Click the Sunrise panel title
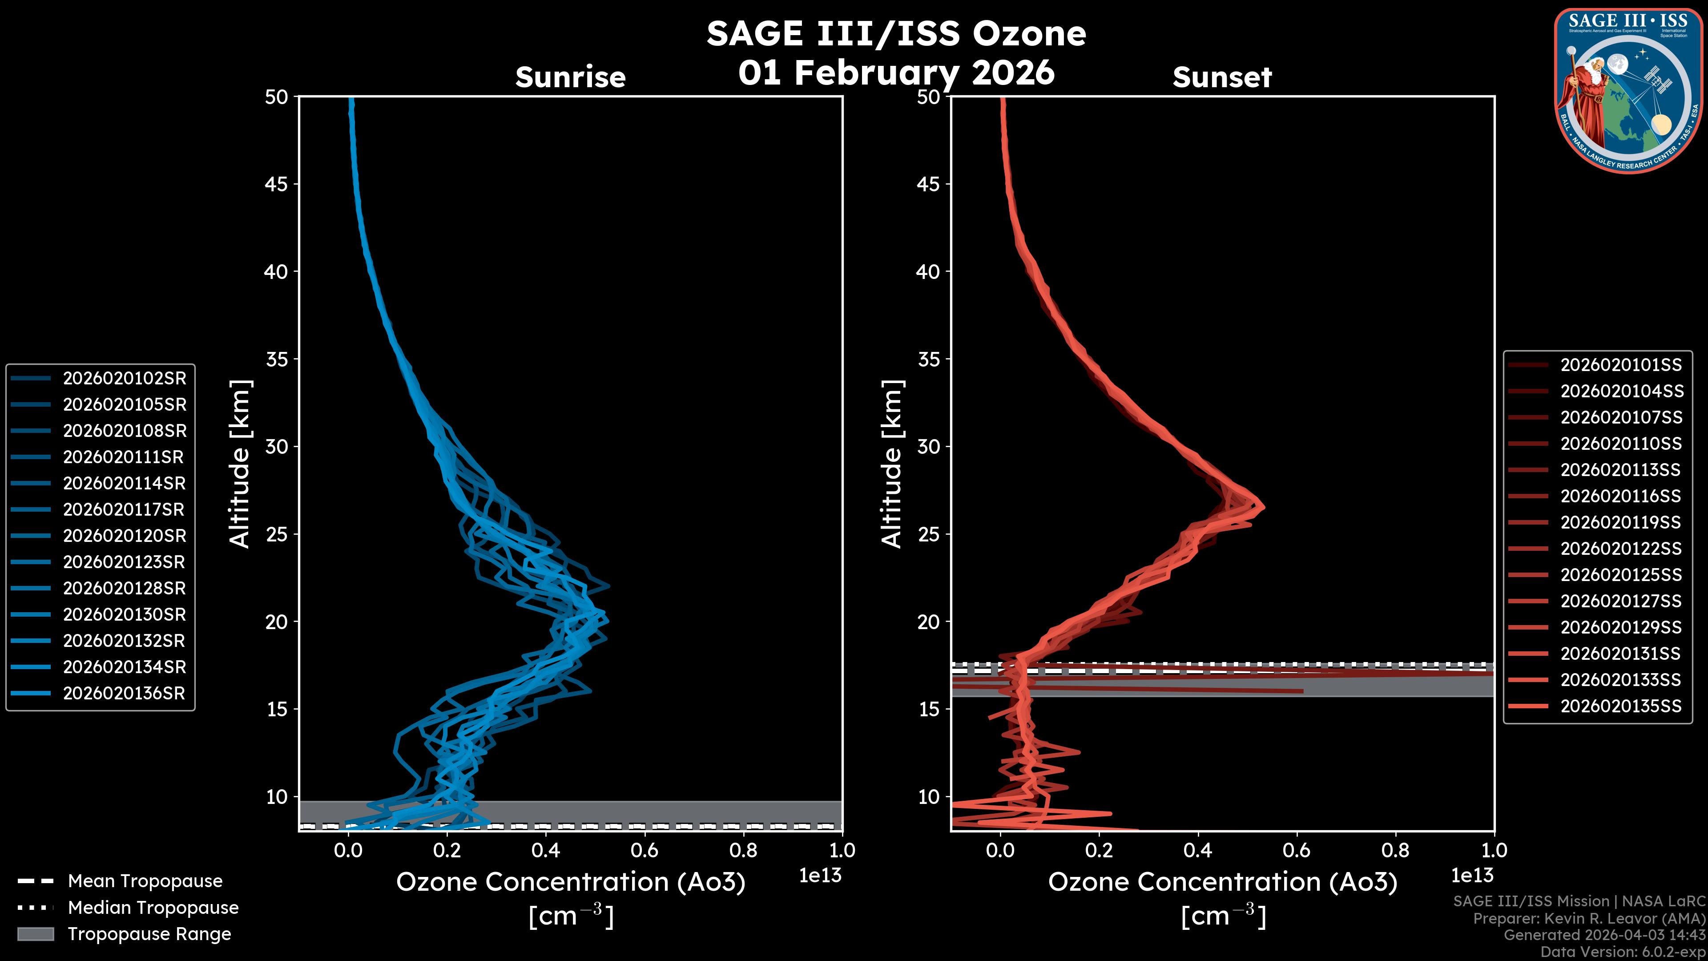[x=570, y=77]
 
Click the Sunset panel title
[x=1222, y=77]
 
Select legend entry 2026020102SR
[x=124, y=378]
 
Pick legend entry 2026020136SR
[x=124, y=693]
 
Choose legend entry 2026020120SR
[x=124, y=536]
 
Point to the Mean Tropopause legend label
[x=145, y=881]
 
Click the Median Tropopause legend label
[x=153, y=907]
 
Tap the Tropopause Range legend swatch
[x=35, y=934]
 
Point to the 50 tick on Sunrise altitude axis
[x=277, y=97]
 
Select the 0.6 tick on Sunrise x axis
[x=645, y=850]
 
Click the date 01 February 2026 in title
[x=896, y=72]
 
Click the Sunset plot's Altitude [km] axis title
[x=892, y=464]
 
